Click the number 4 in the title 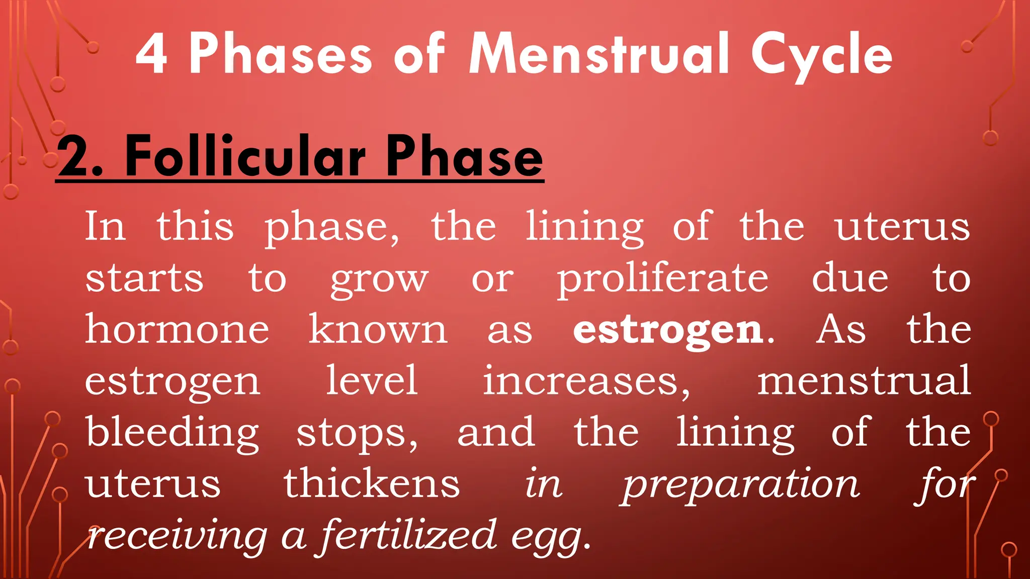[x=151, y=55]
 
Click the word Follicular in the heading [x=245, y=157]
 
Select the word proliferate [x=662, y=279]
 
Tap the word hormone [x=177, y=329]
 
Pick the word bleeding [x=172, y=433]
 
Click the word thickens [x=372, y=484]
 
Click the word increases [x=586, y=381]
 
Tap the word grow [x=379, y=280]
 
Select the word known [x=378, y=329]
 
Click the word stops [x=356, y=433]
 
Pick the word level [x=372, y=380]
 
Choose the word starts [x=144, y=278]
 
